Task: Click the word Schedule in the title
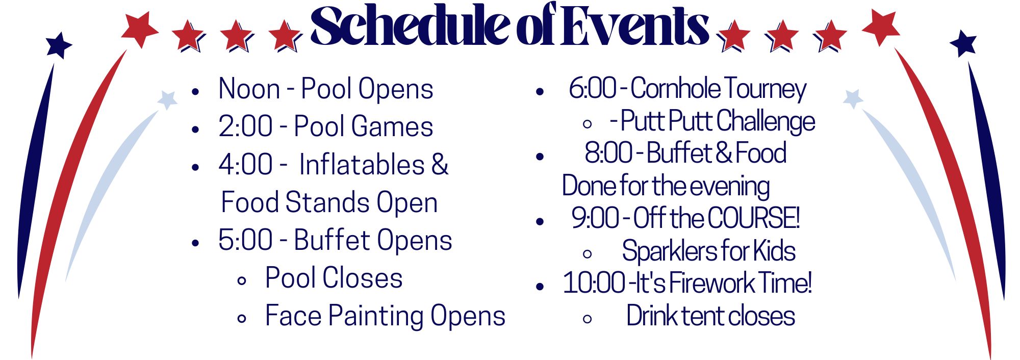point(411,25)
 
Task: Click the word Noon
point(249,89)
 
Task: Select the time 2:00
point(246,126)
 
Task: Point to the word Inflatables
point(362,164)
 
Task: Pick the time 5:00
point(246,240)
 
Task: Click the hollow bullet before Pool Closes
point(242,280)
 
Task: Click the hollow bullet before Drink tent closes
point(588,319)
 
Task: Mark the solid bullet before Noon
point(195,92)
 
